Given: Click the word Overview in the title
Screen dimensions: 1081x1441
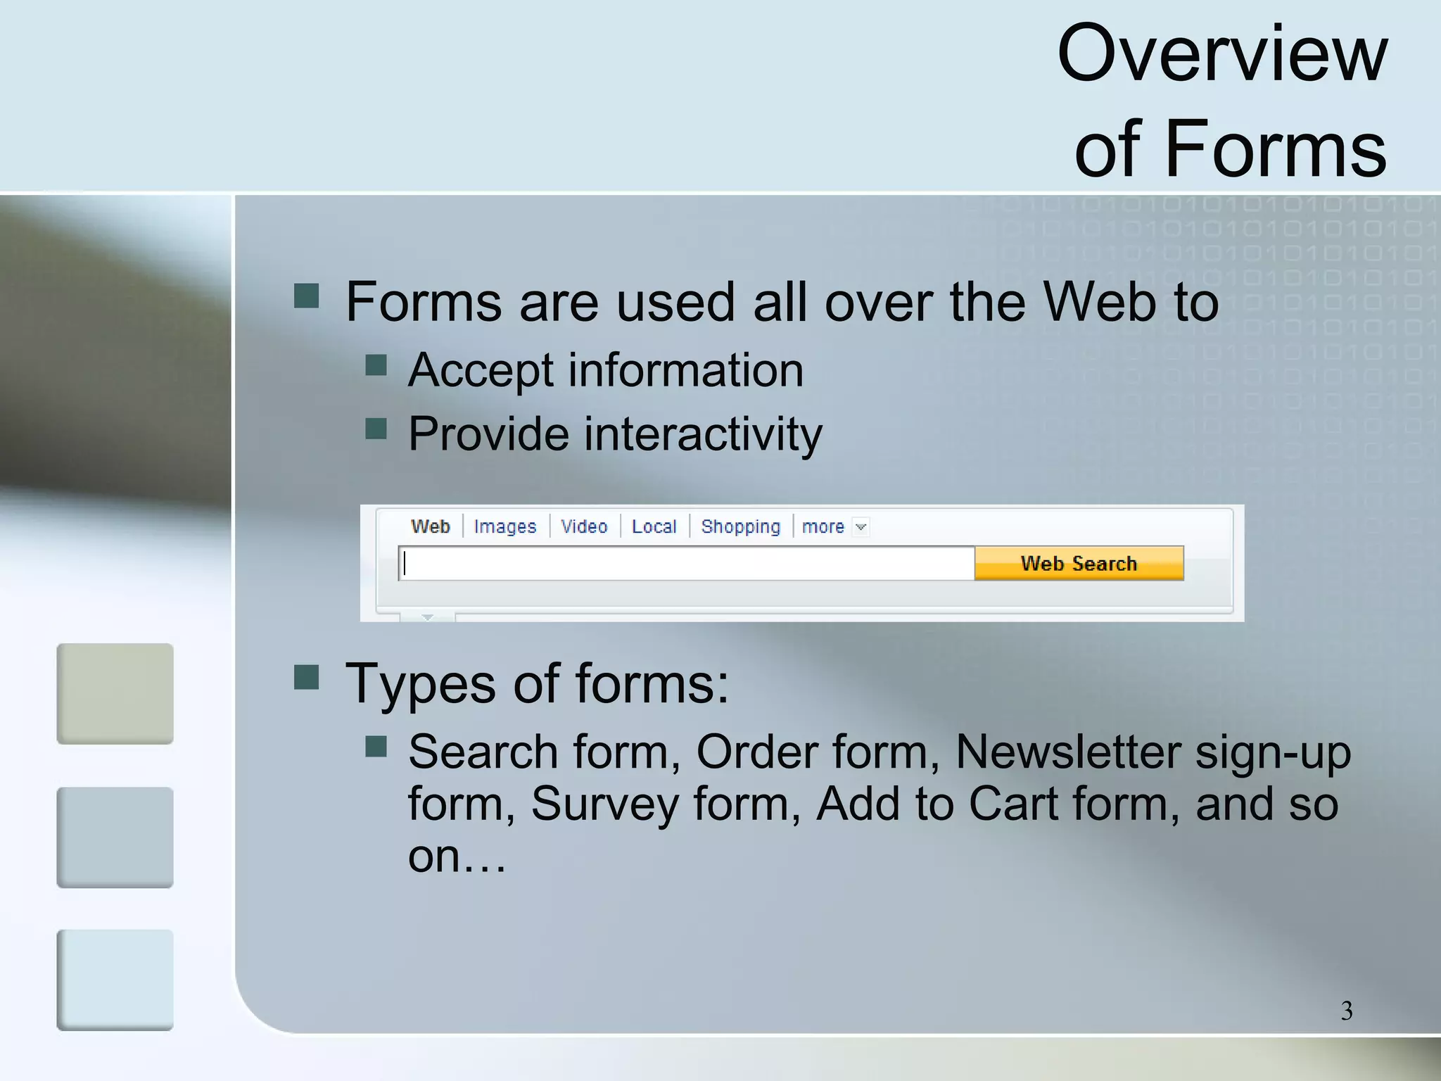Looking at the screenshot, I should (x=1222, y=53).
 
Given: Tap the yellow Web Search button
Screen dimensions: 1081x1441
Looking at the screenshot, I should (x=1079, y=563).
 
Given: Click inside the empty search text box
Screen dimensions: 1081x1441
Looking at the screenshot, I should (x=686, y=564).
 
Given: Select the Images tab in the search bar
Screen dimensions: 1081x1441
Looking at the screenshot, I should (x=504, y=526).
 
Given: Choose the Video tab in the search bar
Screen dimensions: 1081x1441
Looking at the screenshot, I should (x=584, y=526).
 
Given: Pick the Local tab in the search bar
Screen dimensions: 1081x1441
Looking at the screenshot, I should (x=654, y=526).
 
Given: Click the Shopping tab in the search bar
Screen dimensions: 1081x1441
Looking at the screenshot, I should (x=740, y=526).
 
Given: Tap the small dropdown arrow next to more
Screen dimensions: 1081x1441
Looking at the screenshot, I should (x=861, y=527).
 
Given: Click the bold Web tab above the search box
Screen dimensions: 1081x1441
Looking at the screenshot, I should (x=430, y=526).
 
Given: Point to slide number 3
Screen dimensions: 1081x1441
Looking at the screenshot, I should (x=1346, y=1011).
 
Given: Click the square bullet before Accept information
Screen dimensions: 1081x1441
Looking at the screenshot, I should (x=376, y=365).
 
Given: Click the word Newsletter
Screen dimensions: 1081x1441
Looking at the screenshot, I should (x=1068, y=752).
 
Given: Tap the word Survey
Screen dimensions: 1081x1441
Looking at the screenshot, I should (x=604, y=804).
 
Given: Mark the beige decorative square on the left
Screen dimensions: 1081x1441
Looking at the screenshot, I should (x=115, y=694).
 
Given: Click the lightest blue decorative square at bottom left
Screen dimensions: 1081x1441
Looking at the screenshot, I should (x=115, y=980).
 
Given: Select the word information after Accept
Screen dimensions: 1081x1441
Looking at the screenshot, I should (x=685, y=370).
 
